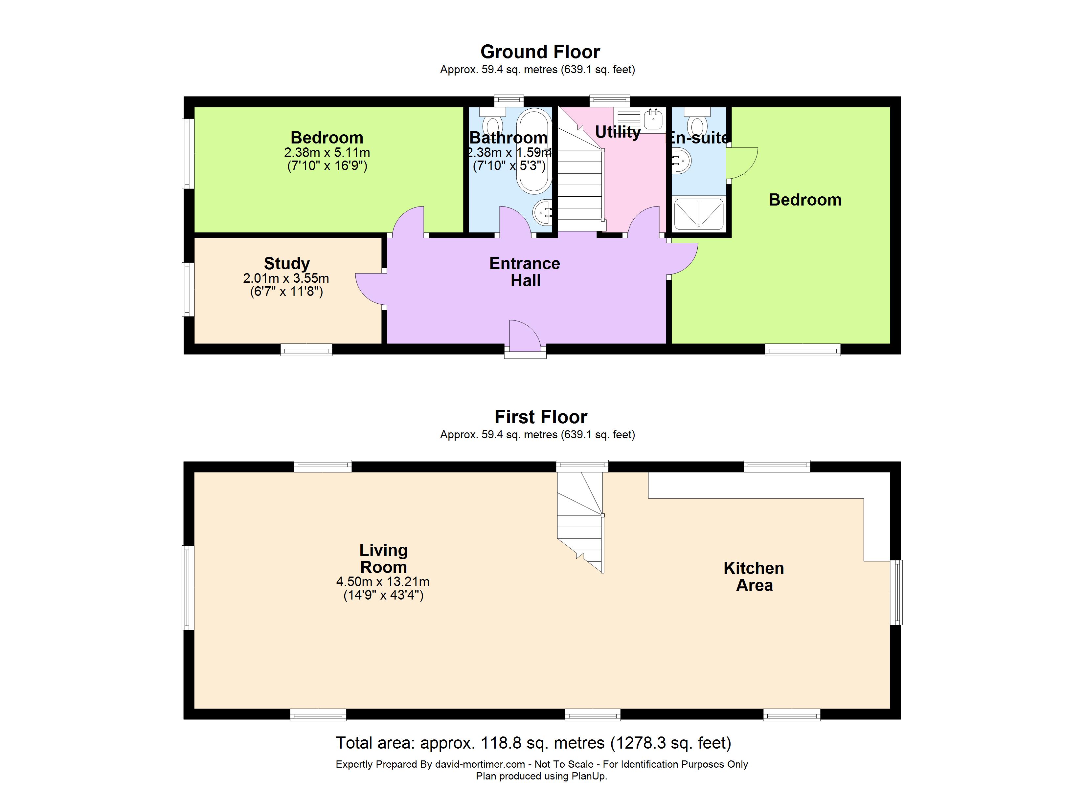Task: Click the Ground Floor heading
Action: point(540,52)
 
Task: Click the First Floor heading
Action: point(541,417)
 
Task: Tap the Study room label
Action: point(287,263)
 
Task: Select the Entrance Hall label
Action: point(525,272)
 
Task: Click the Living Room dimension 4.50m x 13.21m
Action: point(383,581)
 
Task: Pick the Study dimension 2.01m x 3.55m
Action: point(286,278)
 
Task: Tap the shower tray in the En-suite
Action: point(698,214)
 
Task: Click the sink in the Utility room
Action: point(653,119)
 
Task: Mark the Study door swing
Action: point(370,288)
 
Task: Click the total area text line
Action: point(533,743)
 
